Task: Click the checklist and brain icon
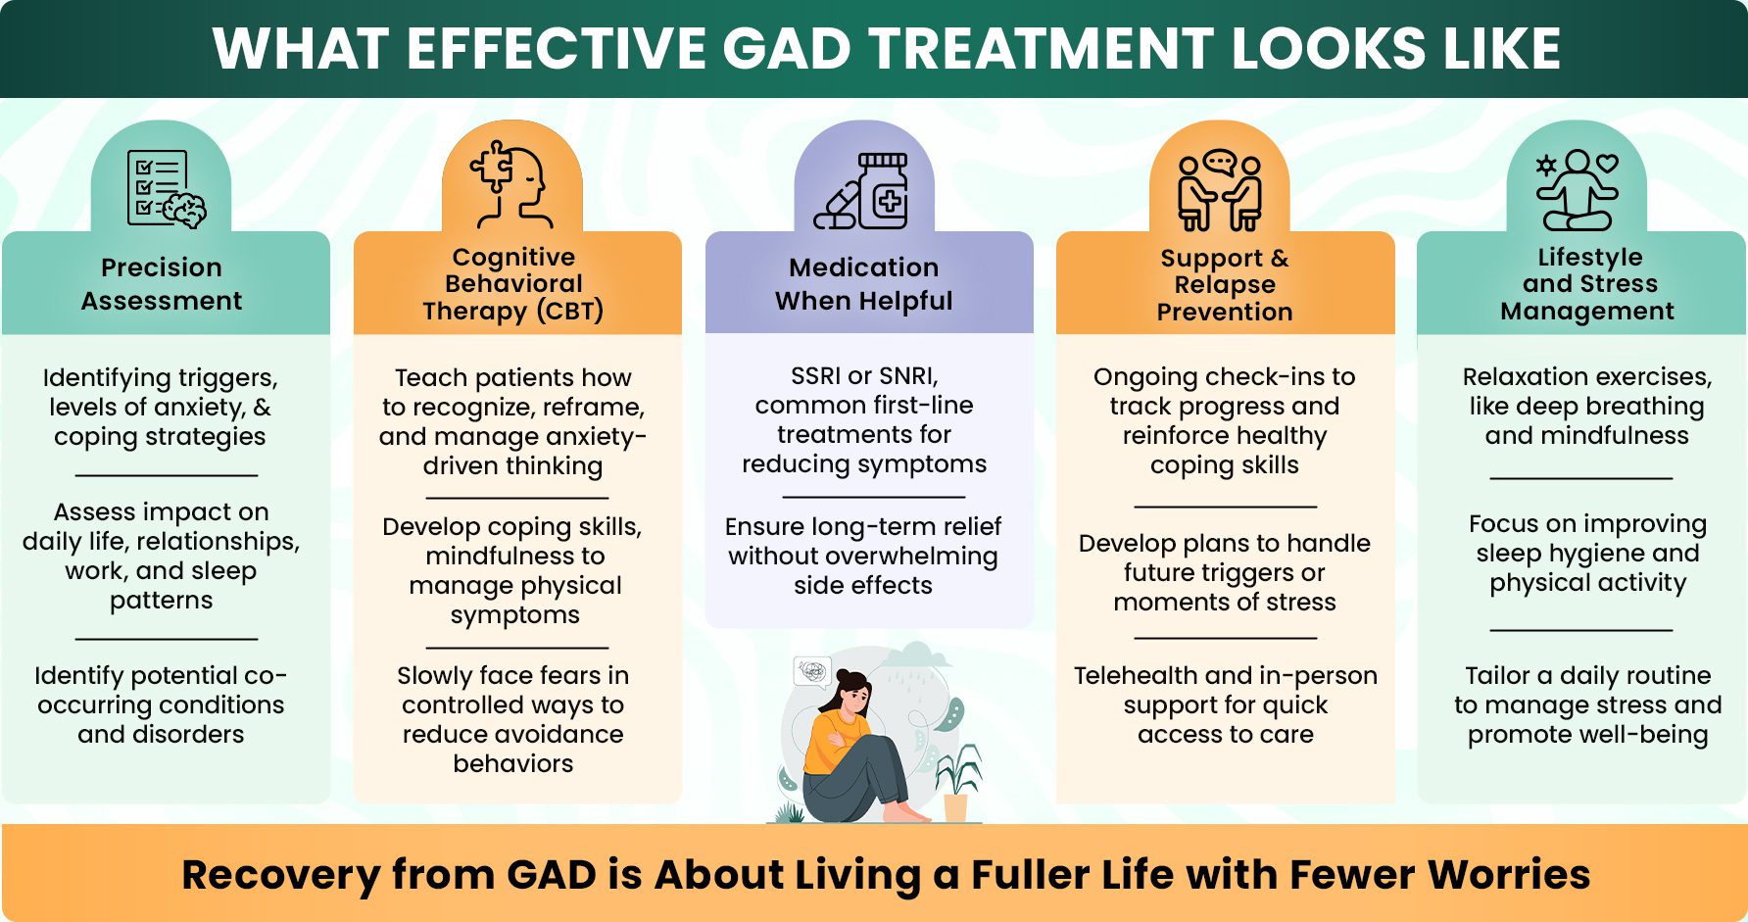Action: click(166, 188)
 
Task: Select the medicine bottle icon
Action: click(863, 191)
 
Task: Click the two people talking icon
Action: click(1220, 190)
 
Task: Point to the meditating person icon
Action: click(1577, 190)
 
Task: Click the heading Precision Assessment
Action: click(162, 284)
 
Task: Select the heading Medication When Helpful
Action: click(863, 284)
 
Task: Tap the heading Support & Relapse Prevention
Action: click(1225, 285)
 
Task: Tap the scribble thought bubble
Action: click(812, 671)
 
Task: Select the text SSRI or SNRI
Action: click(863, 375)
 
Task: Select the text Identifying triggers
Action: click(160, 377)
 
